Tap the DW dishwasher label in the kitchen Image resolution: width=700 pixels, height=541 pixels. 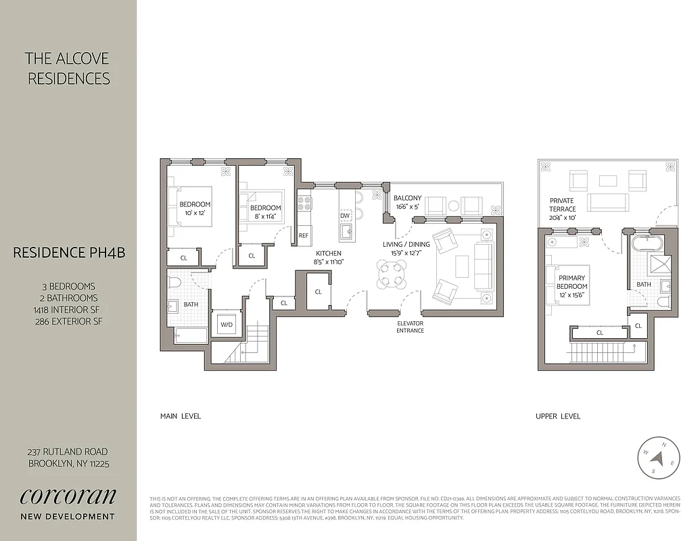[345, 216]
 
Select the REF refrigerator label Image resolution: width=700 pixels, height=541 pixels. [304, 235]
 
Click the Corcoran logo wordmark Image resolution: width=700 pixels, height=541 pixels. [68, 496]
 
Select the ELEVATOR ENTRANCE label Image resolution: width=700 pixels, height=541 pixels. [411, 327]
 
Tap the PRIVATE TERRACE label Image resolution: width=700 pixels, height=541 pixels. [562, 205]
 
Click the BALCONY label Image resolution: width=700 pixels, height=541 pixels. [407, 198]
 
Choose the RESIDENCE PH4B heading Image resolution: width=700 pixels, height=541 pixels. [68, 253]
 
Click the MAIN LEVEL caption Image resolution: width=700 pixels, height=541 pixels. [181, 416]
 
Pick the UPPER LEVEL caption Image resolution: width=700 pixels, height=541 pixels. [558, 416]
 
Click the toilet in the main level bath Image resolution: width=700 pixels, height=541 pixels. [175, 283]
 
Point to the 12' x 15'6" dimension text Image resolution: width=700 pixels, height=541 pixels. [572, 295]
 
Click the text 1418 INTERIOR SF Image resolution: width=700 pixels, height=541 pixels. [66, 310]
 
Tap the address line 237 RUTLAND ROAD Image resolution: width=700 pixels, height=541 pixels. [68, 452]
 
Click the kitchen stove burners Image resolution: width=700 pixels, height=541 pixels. [304, 202]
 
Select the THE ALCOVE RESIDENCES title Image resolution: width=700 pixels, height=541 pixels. [68, 69]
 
